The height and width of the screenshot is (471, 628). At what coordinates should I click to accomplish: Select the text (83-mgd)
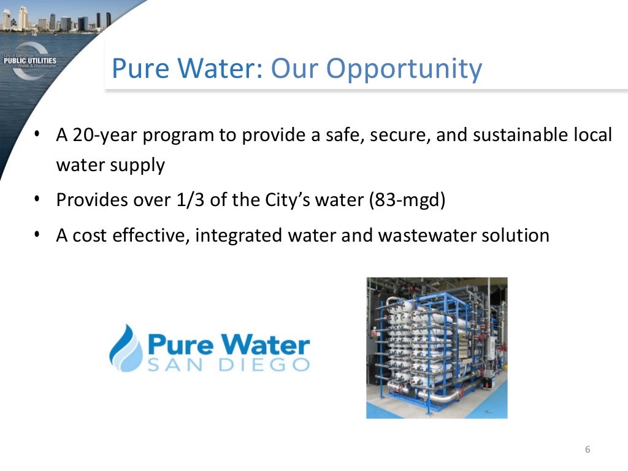(x=405, y=201)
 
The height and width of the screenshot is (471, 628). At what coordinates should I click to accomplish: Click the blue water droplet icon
(x=125, y=348)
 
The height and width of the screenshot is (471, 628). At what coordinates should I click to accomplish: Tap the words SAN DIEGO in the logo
(x=228, y=365)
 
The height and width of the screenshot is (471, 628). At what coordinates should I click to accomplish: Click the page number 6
(x=588, y=450)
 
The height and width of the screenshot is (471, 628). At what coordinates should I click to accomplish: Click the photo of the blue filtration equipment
(x=437, y=348)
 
